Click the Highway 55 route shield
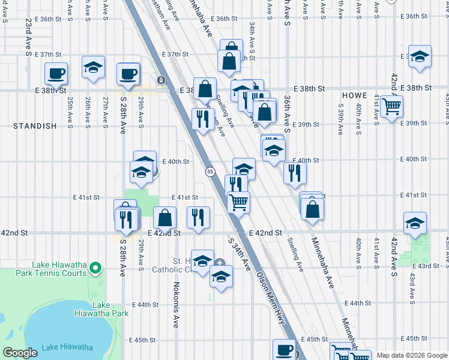click(x=210, y=172)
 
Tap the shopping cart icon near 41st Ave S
click(x=391, y=107)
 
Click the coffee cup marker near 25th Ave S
click(x=56, y=74)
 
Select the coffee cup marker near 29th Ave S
click(x=128, y=74)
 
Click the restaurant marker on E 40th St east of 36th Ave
click(x=295, y=172)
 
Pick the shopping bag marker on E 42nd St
click(x=164, y=218)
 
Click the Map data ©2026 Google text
click(x=412, y=355)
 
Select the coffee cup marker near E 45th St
click(x=284, y=350)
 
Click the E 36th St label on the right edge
click(x=420, y=16)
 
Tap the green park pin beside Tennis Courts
click(x=95, y=268)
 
